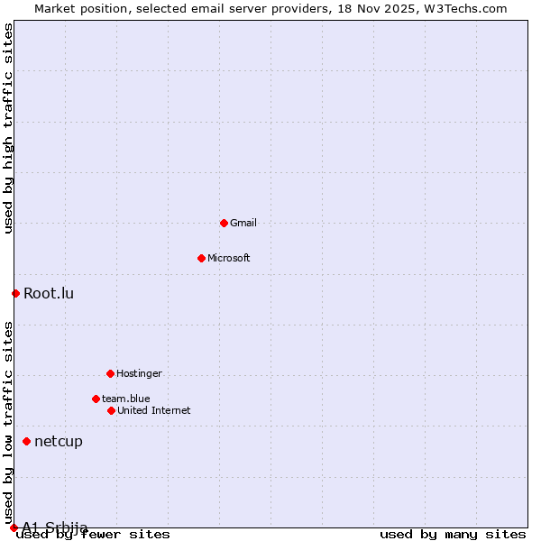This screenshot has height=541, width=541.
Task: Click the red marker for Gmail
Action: tap(224, 223)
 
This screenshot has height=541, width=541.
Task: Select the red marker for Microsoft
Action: tap(201, 258)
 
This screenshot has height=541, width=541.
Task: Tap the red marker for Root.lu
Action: tap(15, 293)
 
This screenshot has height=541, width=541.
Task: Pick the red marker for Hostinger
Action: tap(110, 373)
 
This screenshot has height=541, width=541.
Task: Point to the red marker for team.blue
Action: tap(96, 399)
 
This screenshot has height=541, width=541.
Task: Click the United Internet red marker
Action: tap(111, 410)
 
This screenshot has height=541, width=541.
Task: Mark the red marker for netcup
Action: tap(27, 441)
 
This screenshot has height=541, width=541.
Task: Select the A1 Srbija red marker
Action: tap(14, 527)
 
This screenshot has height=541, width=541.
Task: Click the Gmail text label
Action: tap(243, 223)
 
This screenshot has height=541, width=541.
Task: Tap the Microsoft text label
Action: tap(229, 258)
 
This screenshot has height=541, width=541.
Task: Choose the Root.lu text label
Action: tap(49, 293)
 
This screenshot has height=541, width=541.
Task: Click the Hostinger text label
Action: tap(139, 373)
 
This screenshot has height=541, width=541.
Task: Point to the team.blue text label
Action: tap(126, 399)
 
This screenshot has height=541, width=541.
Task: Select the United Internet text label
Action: tap(154, 410)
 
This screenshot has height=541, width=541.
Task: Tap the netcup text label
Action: tap(59, 441)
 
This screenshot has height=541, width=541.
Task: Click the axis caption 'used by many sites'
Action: tap(453, 535)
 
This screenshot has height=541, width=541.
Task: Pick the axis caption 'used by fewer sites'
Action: tap(93, 535)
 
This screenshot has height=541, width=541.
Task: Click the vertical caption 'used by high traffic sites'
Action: tap(8, 128)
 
